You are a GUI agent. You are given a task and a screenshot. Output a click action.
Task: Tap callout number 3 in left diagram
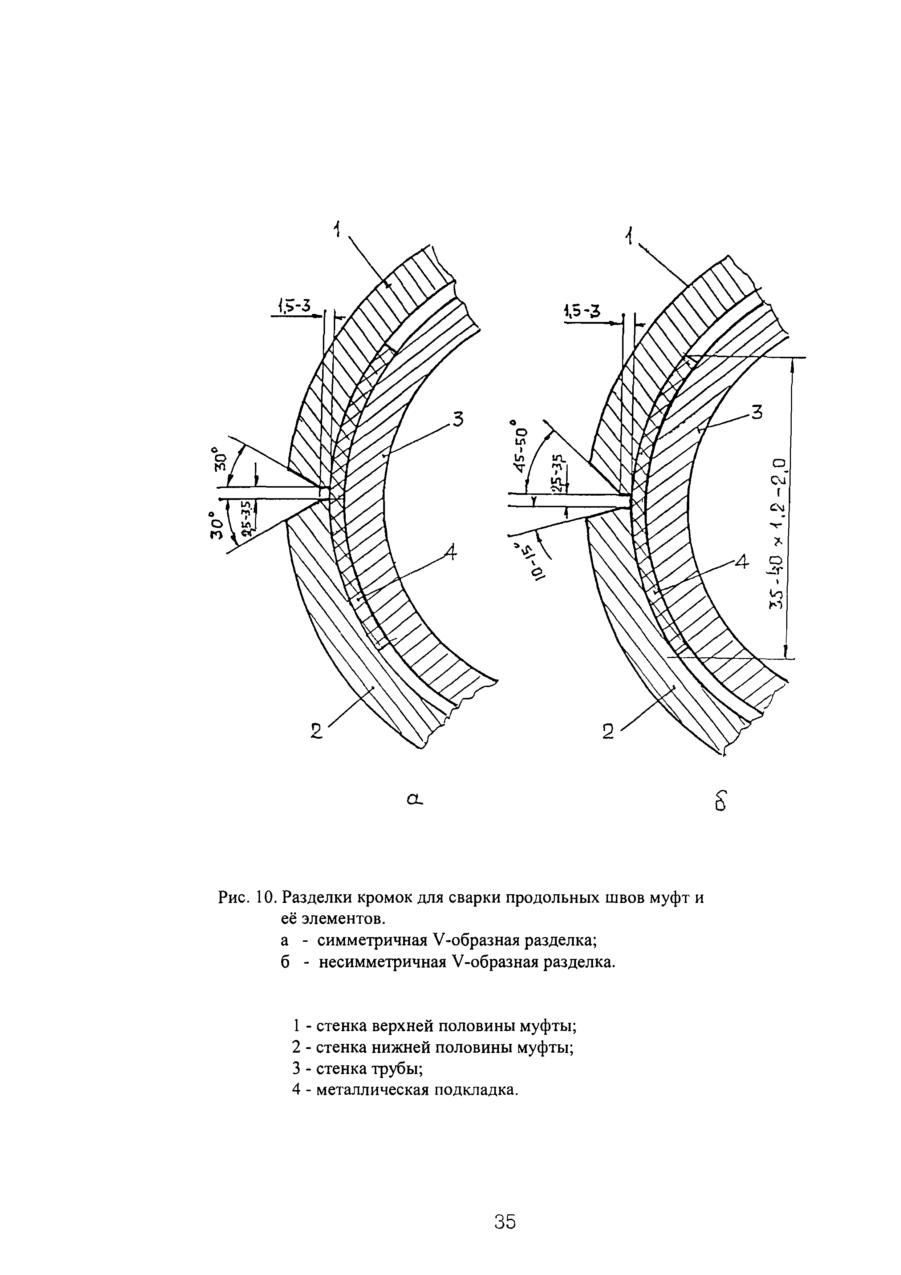(458, 419)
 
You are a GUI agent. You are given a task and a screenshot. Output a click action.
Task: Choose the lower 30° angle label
(216, 525)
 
